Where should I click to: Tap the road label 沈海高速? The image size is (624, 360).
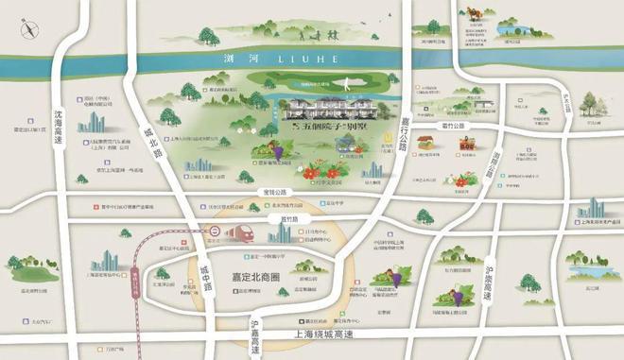point(58,127)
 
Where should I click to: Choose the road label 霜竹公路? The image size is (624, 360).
point(454,126)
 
